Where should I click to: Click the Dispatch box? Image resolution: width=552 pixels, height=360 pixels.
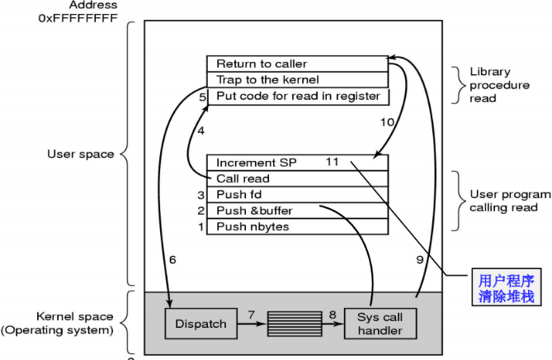pos(201,324)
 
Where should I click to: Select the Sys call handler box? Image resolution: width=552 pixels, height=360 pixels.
pos(380,324)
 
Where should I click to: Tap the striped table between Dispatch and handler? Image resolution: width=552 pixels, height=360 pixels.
pos(295,324)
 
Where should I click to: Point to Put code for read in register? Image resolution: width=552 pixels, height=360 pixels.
pos(297,97)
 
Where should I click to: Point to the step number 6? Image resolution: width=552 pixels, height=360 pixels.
pos(172,259)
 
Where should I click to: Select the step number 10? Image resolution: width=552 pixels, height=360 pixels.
pos(387,121)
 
